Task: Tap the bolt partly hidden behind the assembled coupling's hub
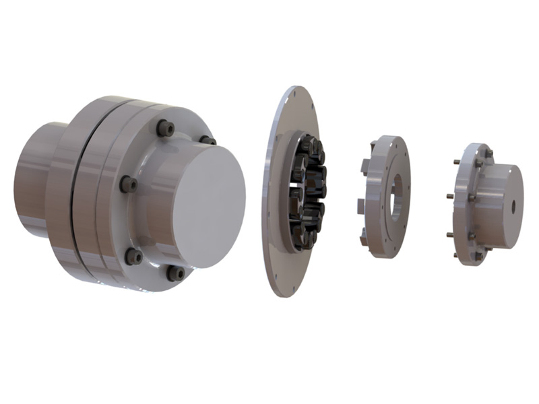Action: coord(207,140)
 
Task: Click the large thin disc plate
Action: coord(276,202)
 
